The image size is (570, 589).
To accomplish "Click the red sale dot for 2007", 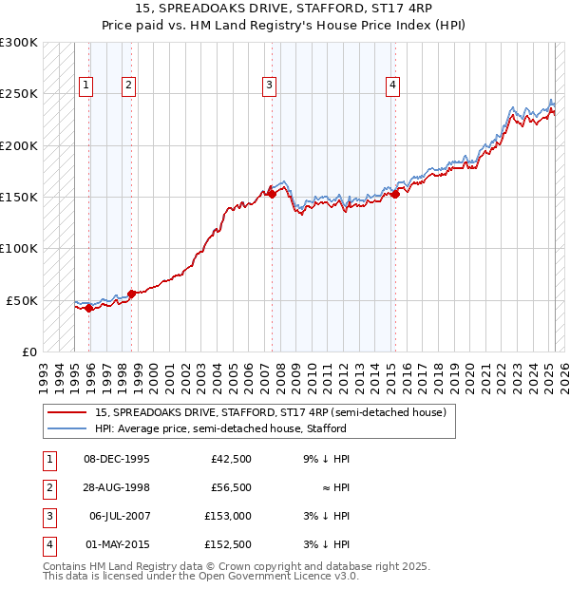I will [272, 194].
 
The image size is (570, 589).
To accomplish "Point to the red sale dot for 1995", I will [88, 308].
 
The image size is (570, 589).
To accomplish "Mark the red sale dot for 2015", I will [395, 195].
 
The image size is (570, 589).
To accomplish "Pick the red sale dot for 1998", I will [132, 294].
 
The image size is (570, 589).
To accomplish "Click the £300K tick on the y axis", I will [18, 43].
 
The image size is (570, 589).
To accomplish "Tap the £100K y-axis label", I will [18, 248].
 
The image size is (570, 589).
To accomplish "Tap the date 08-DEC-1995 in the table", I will [117, 459].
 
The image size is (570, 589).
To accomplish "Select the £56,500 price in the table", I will [230, 487].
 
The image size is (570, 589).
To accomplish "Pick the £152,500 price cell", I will [229, 544].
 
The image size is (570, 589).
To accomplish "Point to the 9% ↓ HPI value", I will [327, 459].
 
